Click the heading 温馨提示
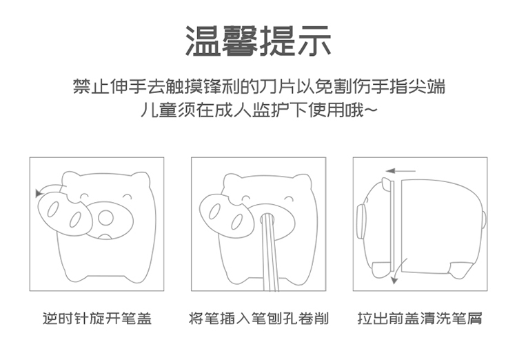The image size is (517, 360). pos(258,41)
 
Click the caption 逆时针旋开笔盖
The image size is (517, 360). pos(97,319)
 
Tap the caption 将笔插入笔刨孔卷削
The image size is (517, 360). pos(258,319)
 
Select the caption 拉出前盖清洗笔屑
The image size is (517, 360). pos(420,319)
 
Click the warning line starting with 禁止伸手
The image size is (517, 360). pos(259,86)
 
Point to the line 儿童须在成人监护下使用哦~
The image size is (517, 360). pos(258,110)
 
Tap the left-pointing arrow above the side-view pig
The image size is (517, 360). pos(401,171)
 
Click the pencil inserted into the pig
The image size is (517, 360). pos(270,252)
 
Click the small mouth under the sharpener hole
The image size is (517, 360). pos(105,236)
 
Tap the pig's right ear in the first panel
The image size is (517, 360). pos(141,180)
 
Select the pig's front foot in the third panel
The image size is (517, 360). pos(383,269)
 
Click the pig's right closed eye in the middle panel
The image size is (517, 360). pos(288,199)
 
